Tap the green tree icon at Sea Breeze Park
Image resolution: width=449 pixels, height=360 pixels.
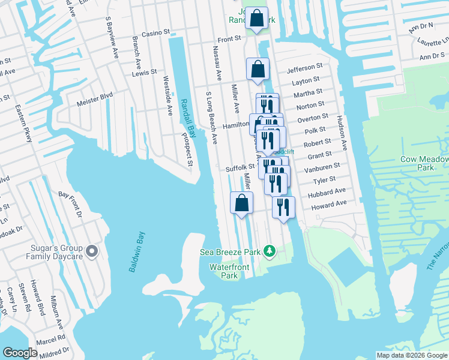(x=270, y=251)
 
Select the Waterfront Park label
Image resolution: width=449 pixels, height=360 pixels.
(x=224, y=271)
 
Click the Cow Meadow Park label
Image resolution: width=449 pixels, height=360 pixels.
(x=426, y=163)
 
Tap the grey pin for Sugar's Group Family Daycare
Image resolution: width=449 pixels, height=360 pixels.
(x=91, y=251)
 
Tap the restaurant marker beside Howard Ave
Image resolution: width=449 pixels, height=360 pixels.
(x=283, y=207)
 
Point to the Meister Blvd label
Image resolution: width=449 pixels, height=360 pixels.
(x=95, y=99)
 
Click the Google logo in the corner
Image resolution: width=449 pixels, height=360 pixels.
(x=20, y=353)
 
